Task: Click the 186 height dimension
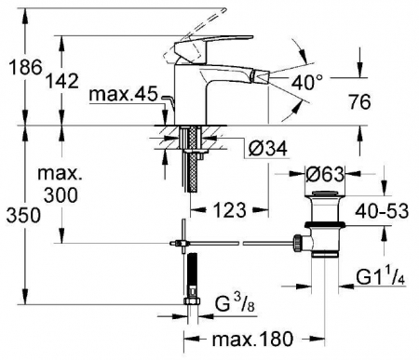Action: point(25,67)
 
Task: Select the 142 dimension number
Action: point(62,81)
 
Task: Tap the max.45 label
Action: point(124,94)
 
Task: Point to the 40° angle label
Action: point(307,83)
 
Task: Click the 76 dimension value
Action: point(359,101)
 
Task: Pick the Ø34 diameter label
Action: point(267,149)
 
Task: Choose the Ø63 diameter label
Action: point(325,174)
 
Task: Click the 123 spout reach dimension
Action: point(230,210)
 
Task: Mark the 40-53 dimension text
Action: point(382,211)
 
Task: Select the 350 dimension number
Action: point(23,215)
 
